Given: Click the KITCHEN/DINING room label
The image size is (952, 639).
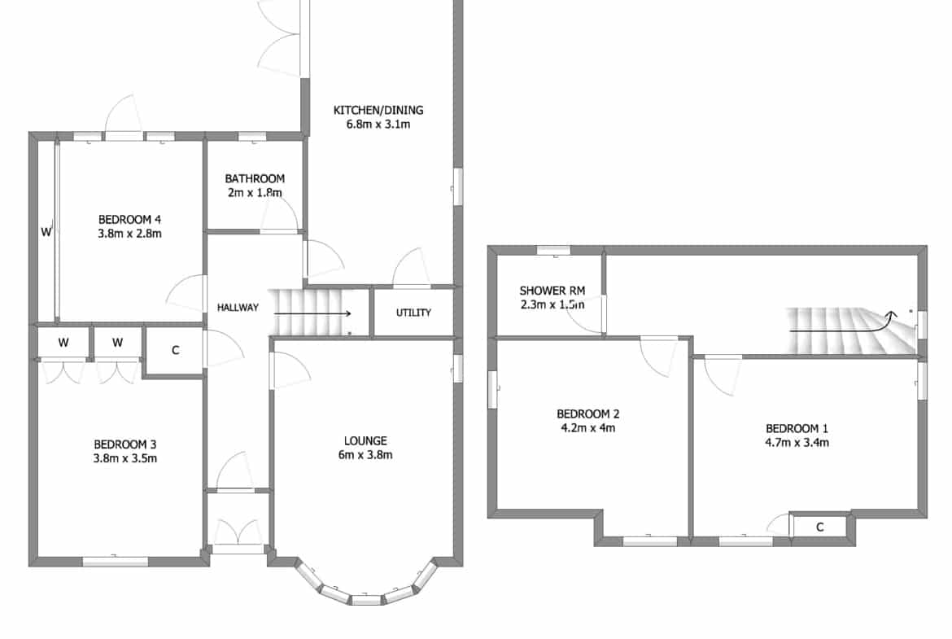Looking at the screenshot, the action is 378,110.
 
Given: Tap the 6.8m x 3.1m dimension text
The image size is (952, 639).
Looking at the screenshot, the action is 378,125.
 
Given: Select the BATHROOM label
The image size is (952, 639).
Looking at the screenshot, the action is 255,178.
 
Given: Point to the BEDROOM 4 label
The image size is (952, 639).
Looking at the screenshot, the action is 130,219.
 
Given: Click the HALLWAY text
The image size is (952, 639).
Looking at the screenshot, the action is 238,308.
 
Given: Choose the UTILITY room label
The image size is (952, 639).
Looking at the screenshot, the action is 413,313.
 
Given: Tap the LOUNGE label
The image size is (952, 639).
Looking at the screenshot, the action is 365,441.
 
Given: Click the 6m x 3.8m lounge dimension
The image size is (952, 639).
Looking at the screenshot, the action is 365,455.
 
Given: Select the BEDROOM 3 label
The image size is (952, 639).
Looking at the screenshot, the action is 125,444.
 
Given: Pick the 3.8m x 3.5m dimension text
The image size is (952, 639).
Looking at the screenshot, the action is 125,458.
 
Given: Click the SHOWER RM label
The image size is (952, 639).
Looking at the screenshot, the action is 552,291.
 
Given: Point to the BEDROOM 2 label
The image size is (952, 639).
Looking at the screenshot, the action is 588,414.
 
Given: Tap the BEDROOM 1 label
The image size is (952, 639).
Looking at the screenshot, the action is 797,429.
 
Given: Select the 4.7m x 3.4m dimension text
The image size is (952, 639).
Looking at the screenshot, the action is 797,443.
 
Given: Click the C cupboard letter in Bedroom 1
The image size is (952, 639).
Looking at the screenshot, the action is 820,527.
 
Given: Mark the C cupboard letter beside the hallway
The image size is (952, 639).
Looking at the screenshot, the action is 176,351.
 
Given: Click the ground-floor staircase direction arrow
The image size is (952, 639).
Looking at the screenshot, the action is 312,313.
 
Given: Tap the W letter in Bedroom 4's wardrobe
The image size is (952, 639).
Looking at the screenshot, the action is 46,232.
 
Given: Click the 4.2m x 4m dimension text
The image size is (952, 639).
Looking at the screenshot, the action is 588,428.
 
